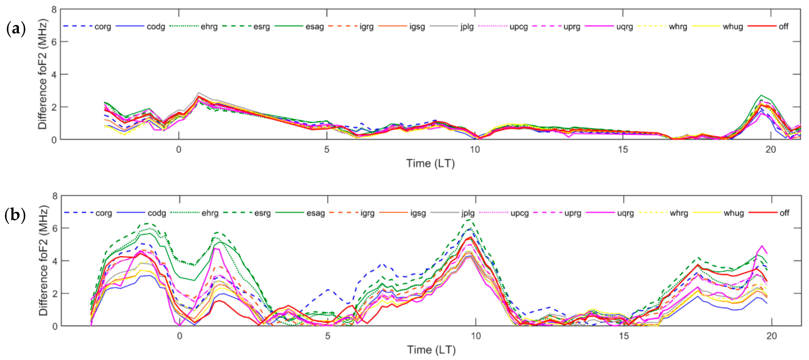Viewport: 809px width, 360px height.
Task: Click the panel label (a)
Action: click(16, 29)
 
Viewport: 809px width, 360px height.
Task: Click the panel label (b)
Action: click(15, 216)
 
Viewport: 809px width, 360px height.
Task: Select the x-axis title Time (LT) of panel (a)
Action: click(430, 163)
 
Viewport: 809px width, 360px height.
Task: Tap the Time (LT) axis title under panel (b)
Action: click(431, 350)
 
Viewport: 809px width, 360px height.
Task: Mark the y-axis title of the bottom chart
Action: click(43, 261)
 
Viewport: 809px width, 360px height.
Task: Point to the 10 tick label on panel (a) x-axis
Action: click(475, 150)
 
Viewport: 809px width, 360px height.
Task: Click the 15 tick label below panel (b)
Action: click(624, 336)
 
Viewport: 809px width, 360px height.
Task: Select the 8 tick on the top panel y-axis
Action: click(54, 10)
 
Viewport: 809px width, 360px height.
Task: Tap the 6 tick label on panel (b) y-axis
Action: click(55, 228)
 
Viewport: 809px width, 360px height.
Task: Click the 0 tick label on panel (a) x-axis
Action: click(179, 150)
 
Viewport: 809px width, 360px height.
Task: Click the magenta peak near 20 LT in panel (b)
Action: click(762, 246)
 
